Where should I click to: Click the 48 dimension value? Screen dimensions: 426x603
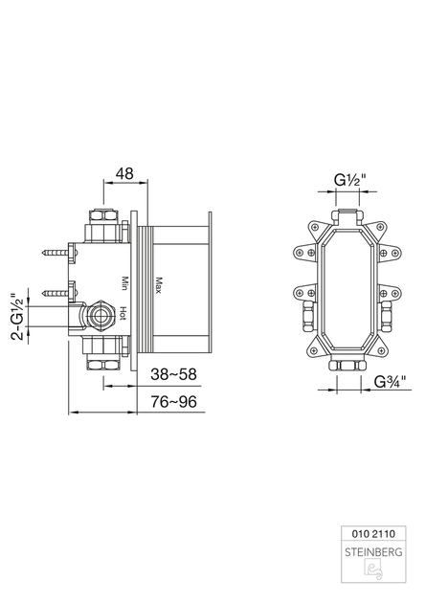click(x=125, y=173)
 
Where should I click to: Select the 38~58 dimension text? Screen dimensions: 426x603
click(x=173, y=374)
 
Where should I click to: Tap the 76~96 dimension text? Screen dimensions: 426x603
click(x=173, y=402)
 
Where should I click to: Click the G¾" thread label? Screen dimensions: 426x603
click(x=391, y=382)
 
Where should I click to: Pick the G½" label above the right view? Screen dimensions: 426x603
click(x=349, y=180)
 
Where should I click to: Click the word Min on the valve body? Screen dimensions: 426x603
click(x=125, y=283)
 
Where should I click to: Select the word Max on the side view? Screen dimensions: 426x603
click(x=158, y=285)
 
